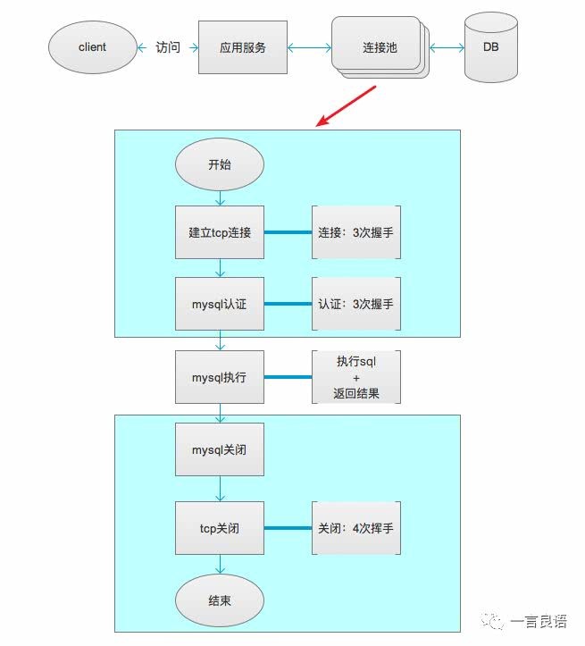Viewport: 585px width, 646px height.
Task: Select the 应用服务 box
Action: click(x=243, y=46)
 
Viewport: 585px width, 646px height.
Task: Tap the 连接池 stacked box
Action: click(x=379, y=47)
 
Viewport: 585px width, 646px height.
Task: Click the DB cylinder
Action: click(x=490, y=47)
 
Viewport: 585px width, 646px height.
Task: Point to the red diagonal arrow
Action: click(x=347, y=105)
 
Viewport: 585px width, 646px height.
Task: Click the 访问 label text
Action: click(x=168, y=46)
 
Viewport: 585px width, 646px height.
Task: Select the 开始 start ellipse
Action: click(x=220, y=165)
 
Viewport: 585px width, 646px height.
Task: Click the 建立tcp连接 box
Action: click(x=220, y=232)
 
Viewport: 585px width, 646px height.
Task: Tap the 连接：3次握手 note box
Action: click(x=355, y=232)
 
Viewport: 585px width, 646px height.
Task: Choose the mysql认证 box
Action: click(x=220, y=304)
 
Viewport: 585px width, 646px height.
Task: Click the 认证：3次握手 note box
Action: click(x=355, y=304)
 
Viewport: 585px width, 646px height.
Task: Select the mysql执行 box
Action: click(x=220, y=377)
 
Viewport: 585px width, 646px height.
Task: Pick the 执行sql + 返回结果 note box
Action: click(x=356, y=377)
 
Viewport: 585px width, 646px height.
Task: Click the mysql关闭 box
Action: click(x=220, y=449)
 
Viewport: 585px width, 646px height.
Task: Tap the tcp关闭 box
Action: click(x=220, y=528)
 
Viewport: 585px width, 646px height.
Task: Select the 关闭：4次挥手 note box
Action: click(x=355, y=528)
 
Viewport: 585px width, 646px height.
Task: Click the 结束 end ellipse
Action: click(x=220, y=600)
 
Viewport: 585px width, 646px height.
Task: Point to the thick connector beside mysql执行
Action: click(x=288, y=377)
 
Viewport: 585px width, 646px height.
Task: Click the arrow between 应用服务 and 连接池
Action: click(x=310, y=46)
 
